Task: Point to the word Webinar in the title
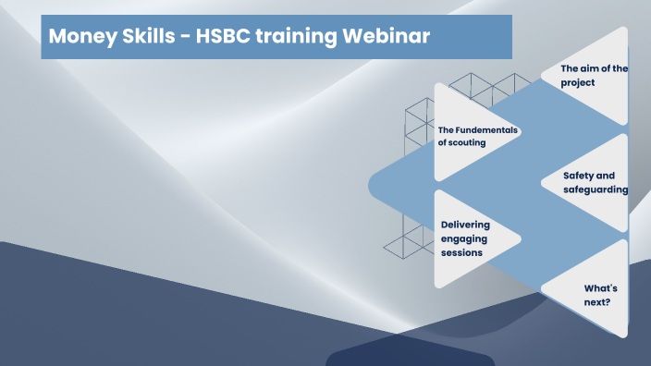[x=387, y=38]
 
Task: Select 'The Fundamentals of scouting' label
[x=477, y=136]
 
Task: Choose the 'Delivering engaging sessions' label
[x=465, y=238]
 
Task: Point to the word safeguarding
[x=596, y=189]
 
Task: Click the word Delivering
[x=465, y=225]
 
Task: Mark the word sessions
[x=461, y=252]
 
